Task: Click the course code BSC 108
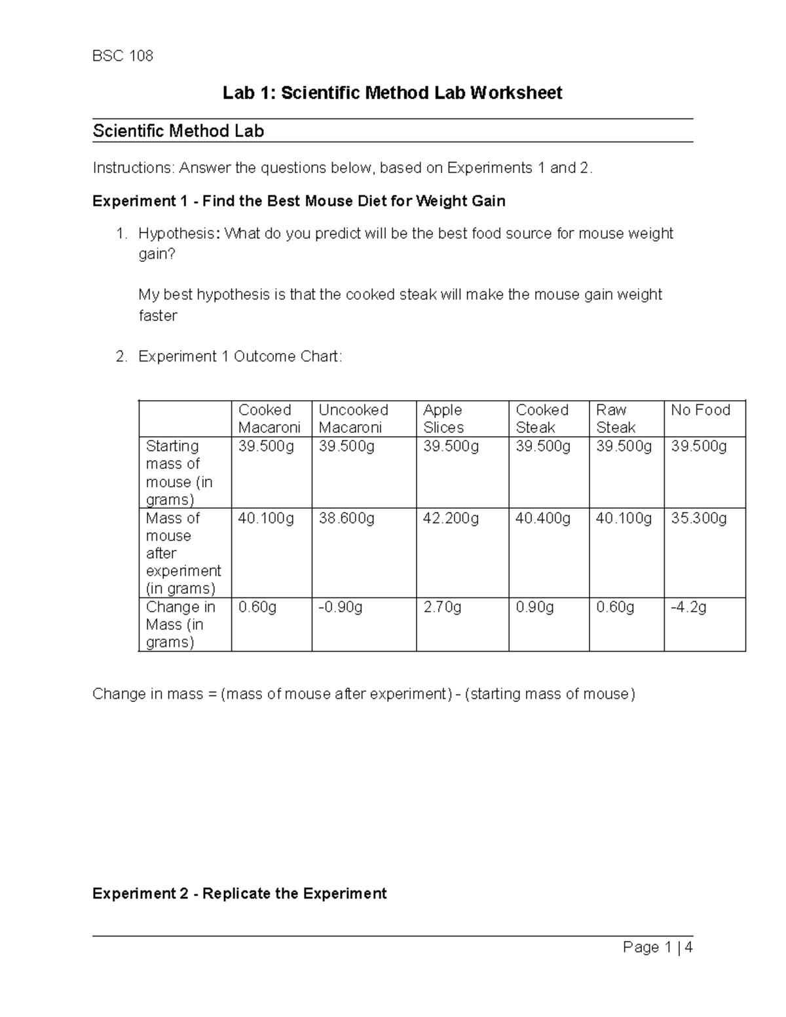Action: click(x=122, y=56)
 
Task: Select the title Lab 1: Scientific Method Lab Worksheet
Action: click(x=392, y=93)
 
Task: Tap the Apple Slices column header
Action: click(x=443, y=418)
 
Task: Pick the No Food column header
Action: click(x=700, y=410)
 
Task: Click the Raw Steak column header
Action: click(x=615, y=418)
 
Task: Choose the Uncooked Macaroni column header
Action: click(x=353, y=418)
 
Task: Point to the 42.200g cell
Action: click(x=451, y=519)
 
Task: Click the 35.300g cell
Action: click(x=699, y=519)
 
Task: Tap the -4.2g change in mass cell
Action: click(x=688, y=607)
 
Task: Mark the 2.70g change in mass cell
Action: click(x=442, y=607)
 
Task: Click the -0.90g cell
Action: click(x=341, y=607)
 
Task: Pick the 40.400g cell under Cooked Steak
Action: click(x=543, y=519)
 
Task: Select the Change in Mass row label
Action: click(x=180, y=624)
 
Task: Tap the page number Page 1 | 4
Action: click(x=658, y=947)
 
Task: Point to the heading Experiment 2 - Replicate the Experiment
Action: click(x=240, y=893)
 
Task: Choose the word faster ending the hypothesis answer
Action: click(x=158, y=316)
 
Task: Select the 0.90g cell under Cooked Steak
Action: click(x=534, y=607)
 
